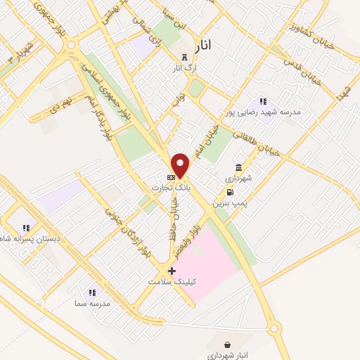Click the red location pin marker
pos(181,165)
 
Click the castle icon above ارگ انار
pos(185,56)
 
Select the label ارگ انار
pos(185,68)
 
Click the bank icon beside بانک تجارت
pos(171,176)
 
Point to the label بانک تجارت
pos(171,188)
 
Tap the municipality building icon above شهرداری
pos(238,167)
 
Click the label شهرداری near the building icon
pos(238,179)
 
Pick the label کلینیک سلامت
pos(172,281)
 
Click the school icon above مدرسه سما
pos(91,292)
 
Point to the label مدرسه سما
pos(91,304)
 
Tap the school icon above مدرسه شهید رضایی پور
pos(263,101)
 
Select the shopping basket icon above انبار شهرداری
pos(228,345)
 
